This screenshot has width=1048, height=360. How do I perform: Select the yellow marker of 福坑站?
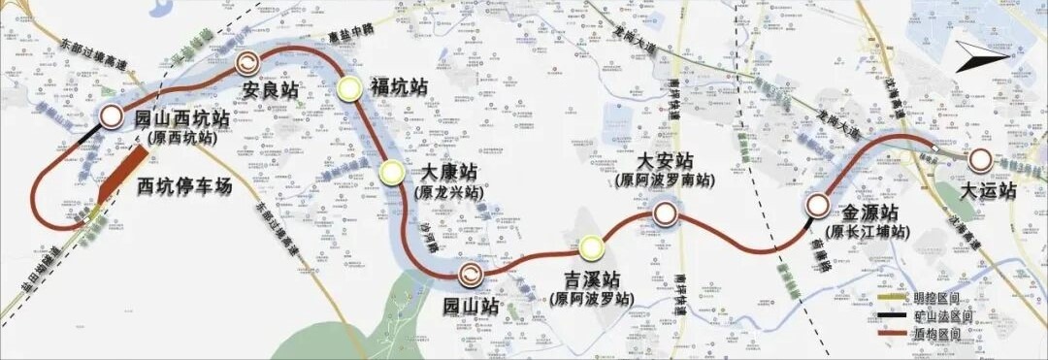350,88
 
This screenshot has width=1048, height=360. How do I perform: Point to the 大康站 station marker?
392,173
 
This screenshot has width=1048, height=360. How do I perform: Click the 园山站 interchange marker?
470,276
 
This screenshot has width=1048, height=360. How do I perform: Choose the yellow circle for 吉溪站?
591,249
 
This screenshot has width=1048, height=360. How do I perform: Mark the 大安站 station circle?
665,213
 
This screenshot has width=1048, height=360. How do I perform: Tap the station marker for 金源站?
817,206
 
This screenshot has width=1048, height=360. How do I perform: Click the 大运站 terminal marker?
982,160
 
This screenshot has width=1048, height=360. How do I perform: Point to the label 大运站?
988,191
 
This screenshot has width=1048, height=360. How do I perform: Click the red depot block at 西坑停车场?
119,176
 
